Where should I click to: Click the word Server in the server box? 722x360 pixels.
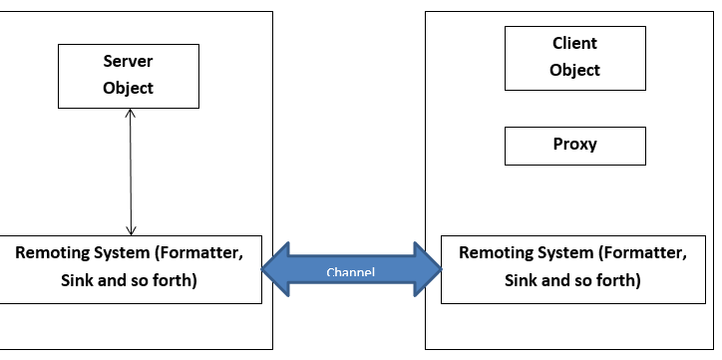click(x=129, y=62)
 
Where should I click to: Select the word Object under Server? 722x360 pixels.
click(x=129, y=88)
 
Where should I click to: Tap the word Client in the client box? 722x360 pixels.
click(x=575, y=44)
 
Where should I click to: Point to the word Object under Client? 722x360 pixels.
click(x=575, y=70)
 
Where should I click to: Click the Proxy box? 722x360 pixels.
click(x=575, y=145)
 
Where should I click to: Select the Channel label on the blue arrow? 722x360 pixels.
click(x=352, y=272)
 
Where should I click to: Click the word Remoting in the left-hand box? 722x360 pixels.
click(x=51, y=252)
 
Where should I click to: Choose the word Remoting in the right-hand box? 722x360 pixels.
click(x=494, y=252)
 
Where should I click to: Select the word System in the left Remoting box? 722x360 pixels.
click(x=123, y=252)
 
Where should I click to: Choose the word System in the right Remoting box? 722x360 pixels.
click(x=565, y=252)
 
